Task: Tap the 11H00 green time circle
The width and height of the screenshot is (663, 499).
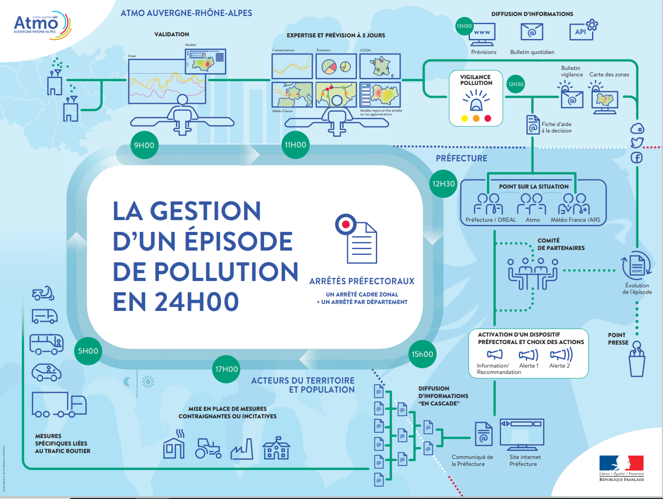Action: click(295, 144)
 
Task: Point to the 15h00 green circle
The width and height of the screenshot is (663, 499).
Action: click(422, 354)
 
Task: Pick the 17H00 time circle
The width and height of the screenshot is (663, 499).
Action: click(227, 369)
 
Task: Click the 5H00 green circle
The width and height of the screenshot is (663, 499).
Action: click(89, 351)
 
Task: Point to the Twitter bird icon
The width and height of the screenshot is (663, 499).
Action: click(637, 143)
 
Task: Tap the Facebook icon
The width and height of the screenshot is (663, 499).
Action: click(637, 157)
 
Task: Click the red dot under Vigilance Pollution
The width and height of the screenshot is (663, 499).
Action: click(487, 118)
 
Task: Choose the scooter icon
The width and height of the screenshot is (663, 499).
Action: click(44, 294)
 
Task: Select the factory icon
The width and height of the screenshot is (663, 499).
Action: click(242, 449)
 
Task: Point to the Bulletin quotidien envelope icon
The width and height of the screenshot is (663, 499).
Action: click(532, 33)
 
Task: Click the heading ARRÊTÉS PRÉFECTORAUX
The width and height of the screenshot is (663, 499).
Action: click(362, 281)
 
